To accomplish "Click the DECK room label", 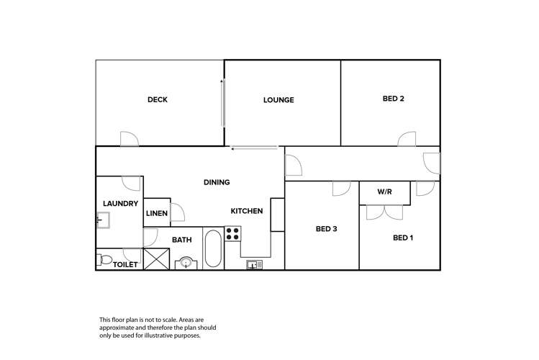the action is (x=158, y=99).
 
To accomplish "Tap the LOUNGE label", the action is (x=278, y=100).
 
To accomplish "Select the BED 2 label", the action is (x=393, y=99).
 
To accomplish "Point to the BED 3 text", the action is (x=326, y=229).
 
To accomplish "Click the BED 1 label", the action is (x=403, y=238).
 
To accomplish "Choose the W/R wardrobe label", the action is (x=384, y=192).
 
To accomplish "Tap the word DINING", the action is (x=217, y=182).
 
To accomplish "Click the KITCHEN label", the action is (x=246, y=211).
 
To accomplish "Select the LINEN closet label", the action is (x=157, y=213).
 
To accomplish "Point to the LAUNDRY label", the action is (x=120, y=204).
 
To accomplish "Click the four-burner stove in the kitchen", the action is (x=232, y=234).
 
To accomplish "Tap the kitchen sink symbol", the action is (x=254, y=265).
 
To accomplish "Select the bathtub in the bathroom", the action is (x=213, y=248).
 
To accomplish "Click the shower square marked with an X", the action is (x=156, y=259).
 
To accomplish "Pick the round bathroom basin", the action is (x=186, y=264).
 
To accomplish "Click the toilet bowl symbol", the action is (x=104, y=260).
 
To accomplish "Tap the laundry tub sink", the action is (x=103, y=220).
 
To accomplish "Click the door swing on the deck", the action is (x=130, y=138).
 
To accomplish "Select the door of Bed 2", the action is (x=407, y=139).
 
